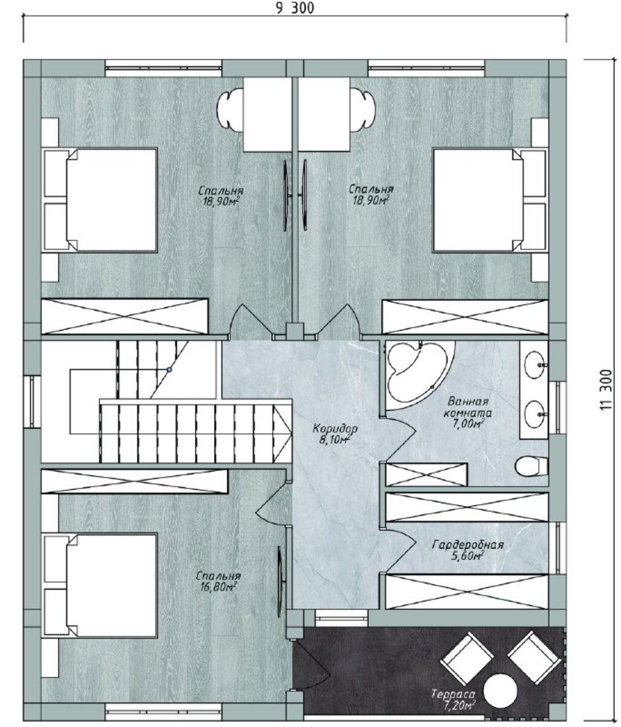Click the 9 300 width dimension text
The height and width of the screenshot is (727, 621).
pyautogui.click(x=295, y=8)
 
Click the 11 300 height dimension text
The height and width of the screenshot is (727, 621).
pyautogui.click(x=606, y=390)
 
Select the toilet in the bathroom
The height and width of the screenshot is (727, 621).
pyautogui.click(x=531, y=466)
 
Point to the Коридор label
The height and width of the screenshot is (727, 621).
pyautogui.click(x=335, y=428)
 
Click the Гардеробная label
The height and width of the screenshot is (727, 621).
pyautogui.click(x=468, y=545)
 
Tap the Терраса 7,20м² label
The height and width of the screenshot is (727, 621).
pyautogui.click(x=453, y=700)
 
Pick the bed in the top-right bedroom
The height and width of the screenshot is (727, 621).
pyautogui.click(x=490, y=200)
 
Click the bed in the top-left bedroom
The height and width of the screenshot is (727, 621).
pyautogui.click(x=99, y=200)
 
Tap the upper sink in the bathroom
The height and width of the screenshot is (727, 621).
pyautogui.click(x=534, y=364)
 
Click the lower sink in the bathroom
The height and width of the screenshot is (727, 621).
pyautogui.click(x=534, y=414)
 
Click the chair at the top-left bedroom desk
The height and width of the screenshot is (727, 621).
pyautogui.click(x=230, y=110)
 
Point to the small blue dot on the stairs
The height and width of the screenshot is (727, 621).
pyautogui.click(x=169, y=370)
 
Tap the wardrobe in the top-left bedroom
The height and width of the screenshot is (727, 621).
pyautogui.click(x=125, y=316)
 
